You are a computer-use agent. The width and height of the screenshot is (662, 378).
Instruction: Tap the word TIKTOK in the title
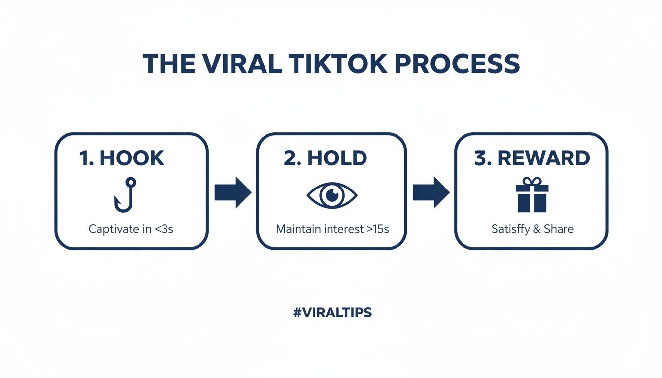pos(338,63)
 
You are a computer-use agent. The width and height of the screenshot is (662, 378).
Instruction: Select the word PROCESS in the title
pos(457,63)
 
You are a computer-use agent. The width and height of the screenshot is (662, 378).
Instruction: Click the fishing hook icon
pos(125,195)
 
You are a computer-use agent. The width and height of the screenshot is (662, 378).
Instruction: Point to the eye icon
pos(332,195)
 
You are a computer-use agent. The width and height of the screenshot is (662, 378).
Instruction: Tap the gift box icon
pos(532,194)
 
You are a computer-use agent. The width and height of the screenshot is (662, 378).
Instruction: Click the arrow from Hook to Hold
pos(233,192)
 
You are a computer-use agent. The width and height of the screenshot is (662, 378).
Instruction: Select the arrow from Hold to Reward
pos(431,192)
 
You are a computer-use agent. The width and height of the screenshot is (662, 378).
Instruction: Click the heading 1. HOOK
pos(122,158)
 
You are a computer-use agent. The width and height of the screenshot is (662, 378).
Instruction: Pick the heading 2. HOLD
pos(326,158)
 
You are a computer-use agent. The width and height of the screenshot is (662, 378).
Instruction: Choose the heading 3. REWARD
pos(532,158)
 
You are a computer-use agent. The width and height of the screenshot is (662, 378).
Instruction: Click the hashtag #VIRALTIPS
pos(332,312)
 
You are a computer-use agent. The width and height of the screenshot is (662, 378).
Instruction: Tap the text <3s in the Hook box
pos(164,229)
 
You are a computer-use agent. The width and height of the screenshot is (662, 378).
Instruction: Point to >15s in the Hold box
pos(378,229)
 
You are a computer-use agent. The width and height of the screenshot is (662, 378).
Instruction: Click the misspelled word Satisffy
pos(511,229)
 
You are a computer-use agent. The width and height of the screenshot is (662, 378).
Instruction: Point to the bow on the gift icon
pos(532,181)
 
